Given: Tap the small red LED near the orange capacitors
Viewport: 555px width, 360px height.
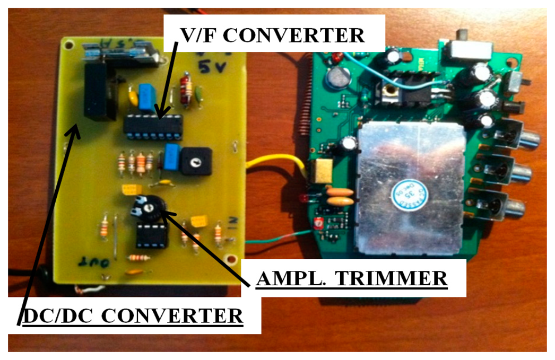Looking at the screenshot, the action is (x=306, y=198).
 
